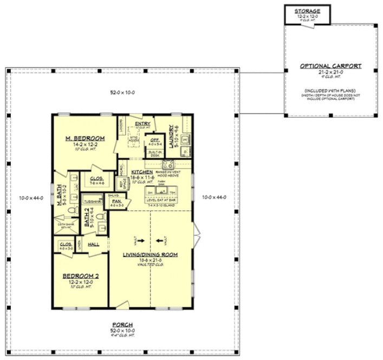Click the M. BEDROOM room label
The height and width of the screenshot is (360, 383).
(85, 139)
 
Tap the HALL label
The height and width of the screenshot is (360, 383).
(93, 245)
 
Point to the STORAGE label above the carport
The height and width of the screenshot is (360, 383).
(307, 11)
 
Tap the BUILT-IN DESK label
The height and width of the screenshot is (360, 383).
(154, 155)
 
